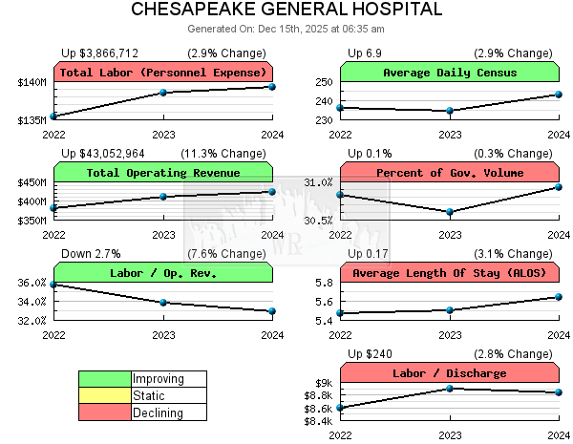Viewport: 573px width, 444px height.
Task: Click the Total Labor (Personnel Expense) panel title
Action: coord(163,73)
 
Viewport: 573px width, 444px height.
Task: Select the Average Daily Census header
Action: coord(450,73)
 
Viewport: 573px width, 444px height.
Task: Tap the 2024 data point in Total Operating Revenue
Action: coord(272,192)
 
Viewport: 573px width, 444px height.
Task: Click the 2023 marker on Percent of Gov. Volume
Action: coord(450,212)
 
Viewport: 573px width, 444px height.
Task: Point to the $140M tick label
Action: coord(32,83)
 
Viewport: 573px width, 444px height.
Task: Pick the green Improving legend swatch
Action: coord(104,379)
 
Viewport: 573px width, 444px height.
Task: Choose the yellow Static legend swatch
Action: coord(104,395)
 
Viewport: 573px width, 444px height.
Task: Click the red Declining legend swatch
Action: coord(104,412)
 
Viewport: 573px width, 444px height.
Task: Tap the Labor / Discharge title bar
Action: coord(450,373)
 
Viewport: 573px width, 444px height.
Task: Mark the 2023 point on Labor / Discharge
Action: coord(450,389)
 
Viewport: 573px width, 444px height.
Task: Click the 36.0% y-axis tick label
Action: coord(32,283)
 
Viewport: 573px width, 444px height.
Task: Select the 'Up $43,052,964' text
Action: coord(103,153)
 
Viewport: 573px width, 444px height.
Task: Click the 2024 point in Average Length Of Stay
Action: coord(559,297)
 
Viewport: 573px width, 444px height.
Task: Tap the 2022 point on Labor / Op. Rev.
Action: coord(54,285)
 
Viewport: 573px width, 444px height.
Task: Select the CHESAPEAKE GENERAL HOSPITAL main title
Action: coord(286,11)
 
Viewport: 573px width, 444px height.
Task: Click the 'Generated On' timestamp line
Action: coord(286,29)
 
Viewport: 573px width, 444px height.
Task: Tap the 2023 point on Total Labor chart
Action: coord(163,93)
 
